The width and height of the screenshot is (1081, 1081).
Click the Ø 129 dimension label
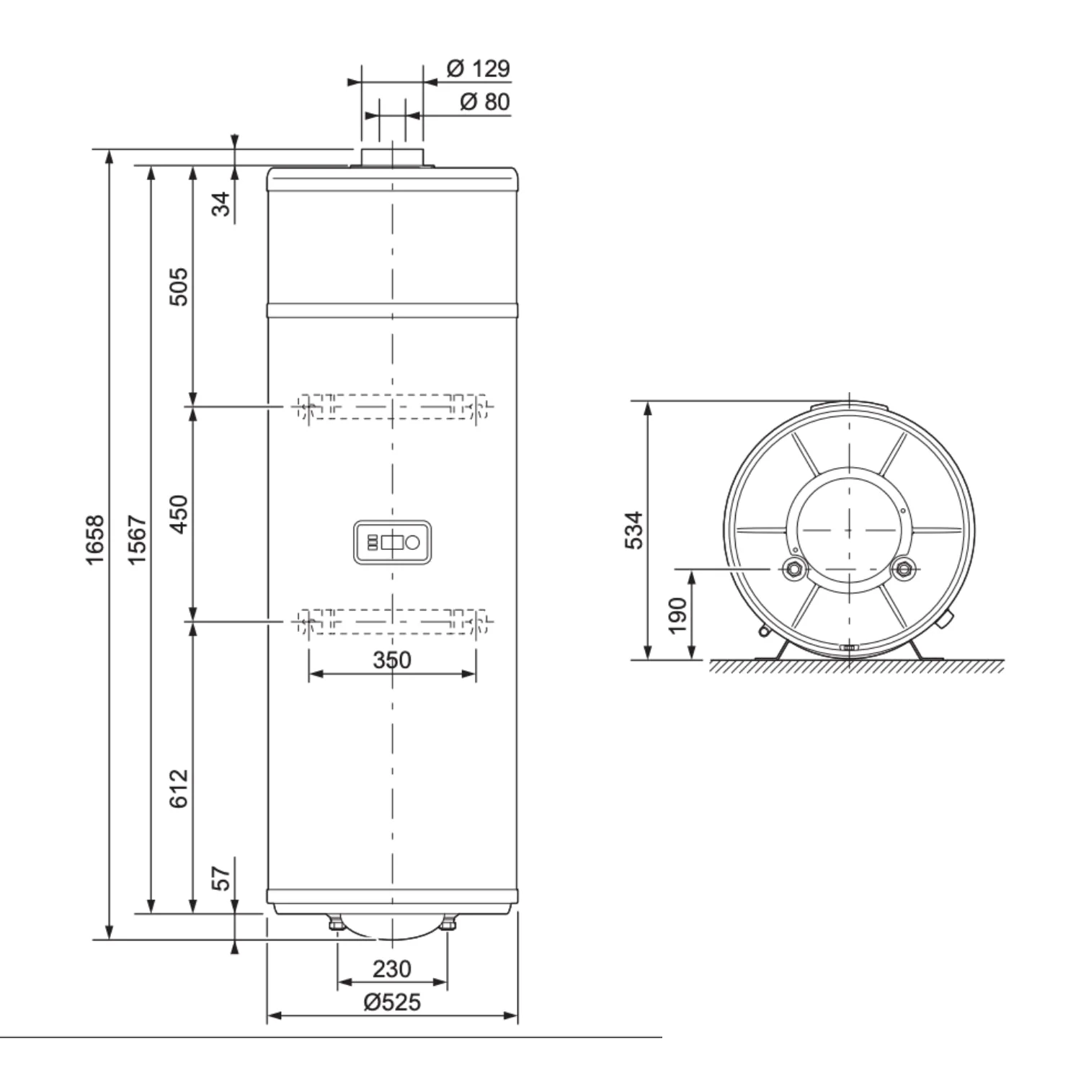pos(478,68)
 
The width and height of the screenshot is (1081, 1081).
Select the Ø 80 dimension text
pos(484,102)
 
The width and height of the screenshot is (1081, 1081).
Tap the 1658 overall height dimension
pos(95,540)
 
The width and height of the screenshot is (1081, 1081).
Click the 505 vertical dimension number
pos(178,287)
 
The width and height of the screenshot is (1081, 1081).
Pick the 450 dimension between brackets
pos(178,514)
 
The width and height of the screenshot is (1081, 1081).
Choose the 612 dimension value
pos(178,788)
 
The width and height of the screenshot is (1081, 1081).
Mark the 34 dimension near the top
pos(223,203)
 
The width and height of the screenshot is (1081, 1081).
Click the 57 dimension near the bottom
pos(223,877)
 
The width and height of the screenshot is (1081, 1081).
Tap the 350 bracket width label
pos(392,659)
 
